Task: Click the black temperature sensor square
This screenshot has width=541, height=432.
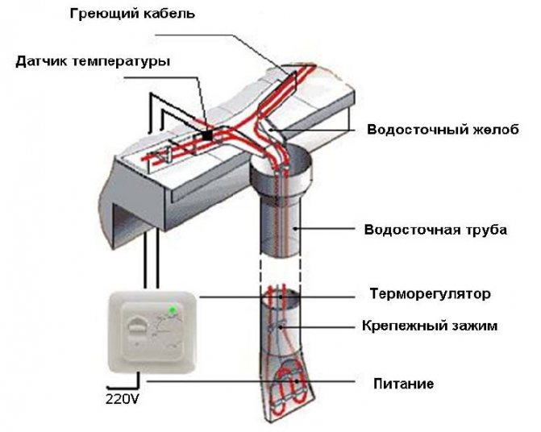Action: pos(208,135)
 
